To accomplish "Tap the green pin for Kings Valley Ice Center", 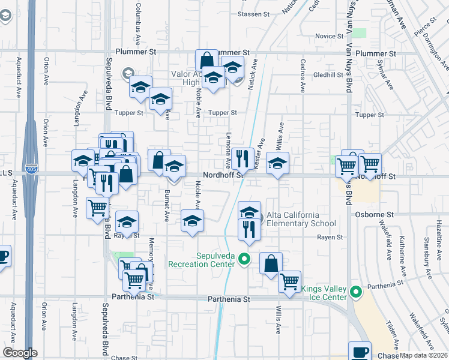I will [x=356, y=292].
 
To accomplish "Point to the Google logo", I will [x=20, y=353].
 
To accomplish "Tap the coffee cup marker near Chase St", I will [x=361, y=352].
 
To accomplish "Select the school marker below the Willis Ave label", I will [x=277, y=163].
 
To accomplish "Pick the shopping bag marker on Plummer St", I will [x=206, y=61].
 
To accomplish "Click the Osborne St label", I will [x=373, y=214].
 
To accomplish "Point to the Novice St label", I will [x=328, y=36].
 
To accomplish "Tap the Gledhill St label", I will [x=327, y=75].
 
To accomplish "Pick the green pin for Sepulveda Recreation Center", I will [x=244, y=259].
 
